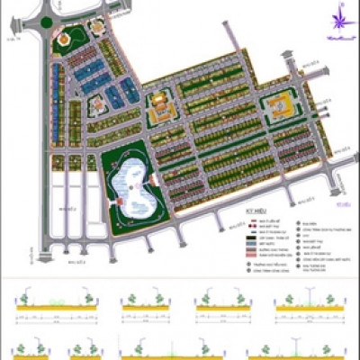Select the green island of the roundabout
tap(47, 22)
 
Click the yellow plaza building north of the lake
tap(161, 110)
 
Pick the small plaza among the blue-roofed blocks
tap(97, 106)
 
